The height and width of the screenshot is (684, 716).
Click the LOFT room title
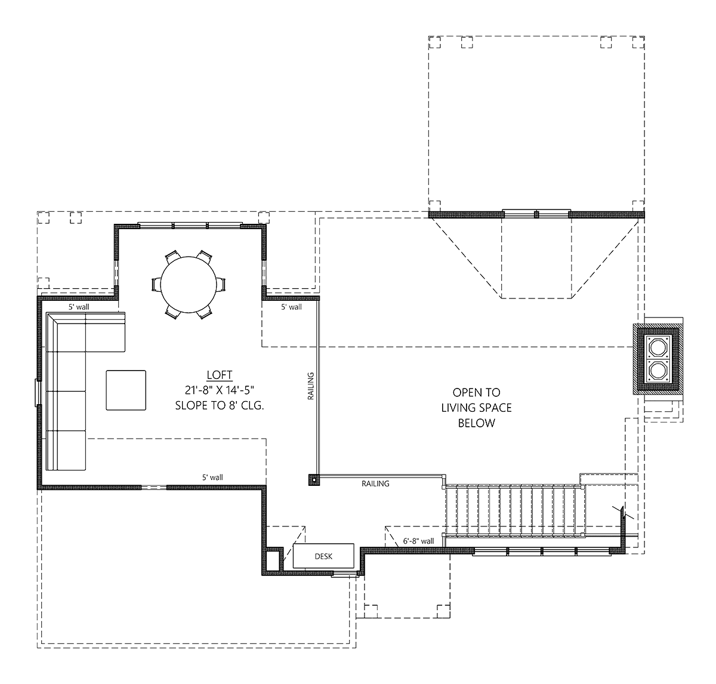(219, 375)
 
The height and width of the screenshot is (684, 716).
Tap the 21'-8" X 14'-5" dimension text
(219, 390)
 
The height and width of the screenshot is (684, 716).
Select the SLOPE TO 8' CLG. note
(219, 405)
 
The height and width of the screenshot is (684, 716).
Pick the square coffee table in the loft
(126, 390)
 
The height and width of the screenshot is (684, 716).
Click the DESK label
(323, 556)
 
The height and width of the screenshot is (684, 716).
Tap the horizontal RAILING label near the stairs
(375, 483)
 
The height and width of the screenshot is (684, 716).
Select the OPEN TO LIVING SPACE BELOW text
(476, 408)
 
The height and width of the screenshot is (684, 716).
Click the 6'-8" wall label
(418, 541)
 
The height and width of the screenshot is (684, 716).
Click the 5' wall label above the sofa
(78, 307)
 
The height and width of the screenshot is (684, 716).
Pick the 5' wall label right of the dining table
(291, 307)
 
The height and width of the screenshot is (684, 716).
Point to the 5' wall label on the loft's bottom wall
(212, 477)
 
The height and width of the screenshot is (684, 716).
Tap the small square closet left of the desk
(273, 561)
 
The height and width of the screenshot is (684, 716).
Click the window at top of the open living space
(535, 213)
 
